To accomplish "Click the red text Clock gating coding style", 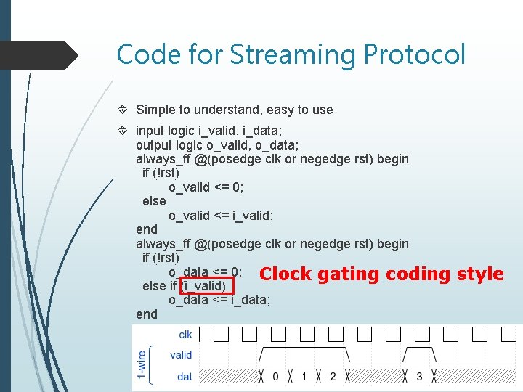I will (381, 274).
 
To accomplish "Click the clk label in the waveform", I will (185, 335).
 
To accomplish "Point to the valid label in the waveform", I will (181, 355).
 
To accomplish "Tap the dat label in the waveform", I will (185, 376).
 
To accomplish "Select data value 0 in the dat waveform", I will (275, 376).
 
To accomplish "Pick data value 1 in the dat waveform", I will (304, 376).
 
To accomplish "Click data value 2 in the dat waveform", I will (333, 376).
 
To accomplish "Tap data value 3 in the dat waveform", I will (419, 376).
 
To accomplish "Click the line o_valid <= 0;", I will (206, 187).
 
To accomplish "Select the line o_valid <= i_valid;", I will (221, 216).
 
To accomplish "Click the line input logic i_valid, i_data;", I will (209, 131).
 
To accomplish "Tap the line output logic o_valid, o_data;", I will (216, 144).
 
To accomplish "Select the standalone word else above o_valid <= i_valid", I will (154, 201).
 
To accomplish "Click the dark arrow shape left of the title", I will (44, 55).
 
